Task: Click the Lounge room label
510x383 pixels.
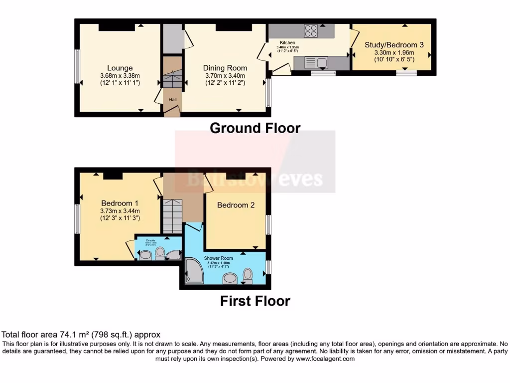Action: [x=120, y=68]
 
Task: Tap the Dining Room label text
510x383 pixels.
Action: [x=225, y=68]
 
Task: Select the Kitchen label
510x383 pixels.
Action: [x=288, y=43]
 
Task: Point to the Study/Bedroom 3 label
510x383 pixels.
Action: [x=394, y=45]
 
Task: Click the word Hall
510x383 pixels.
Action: [x=172, y=100]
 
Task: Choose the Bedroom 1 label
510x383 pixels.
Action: [x=120, y=203]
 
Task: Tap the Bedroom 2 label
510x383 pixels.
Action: [x=236, y=205]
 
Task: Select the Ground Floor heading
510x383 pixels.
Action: [x=255, y=128]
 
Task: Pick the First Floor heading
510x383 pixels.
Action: [x=255, y=301]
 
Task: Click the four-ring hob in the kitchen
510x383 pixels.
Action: [x=311, y=31]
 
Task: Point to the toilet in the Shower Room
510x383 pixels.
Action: [x=247, y=275]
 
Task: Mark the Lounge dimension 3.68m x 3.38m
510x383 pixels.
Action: [x=120, y=76]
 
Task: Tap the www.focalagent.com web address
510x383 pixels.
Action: [x=325, y=359]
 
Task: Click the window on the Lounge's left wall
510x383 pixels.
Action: [x=77, y=66]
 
